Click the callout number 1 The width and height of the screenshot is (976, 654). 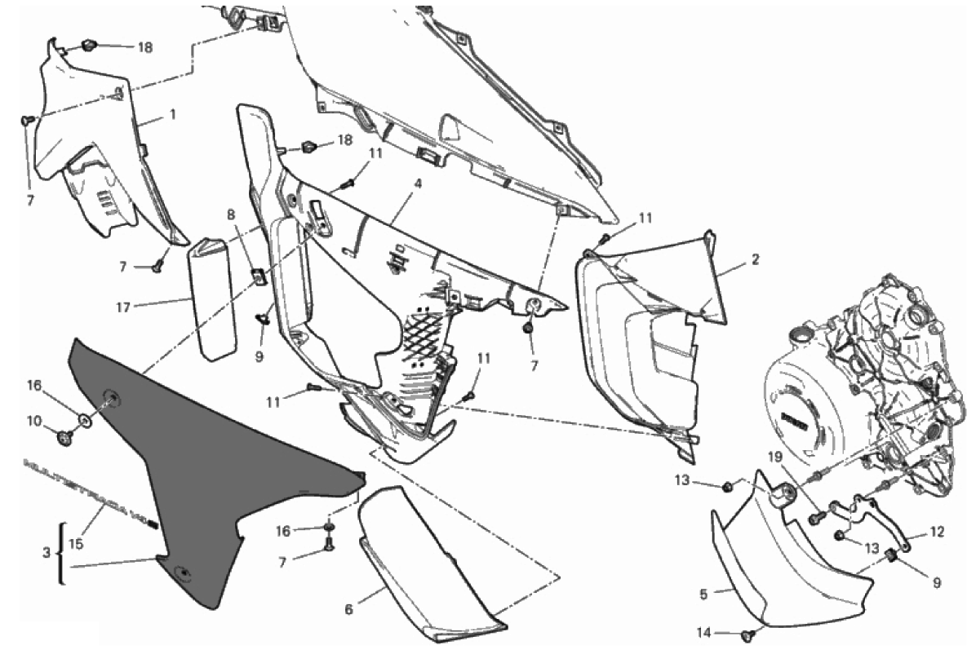172,116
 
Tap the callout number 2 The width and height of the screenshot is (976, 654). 756,260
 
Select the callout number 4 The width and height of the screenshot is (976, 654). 417,184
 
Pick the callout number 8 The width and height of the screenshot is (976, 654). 231,215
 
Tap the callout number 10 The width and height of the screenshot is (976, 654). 33,421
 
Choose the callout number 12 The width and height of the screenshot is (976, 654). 936,532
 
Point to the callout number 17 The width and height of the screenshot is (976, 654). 124,307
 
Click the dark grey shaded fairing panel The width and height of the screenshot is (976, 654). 204,457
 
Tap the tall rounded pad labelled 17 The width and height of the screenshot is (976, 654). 214,298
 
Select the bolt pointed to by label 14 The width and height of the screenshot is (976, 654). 746,634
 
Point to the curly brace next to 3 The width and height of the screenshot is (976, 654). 60,553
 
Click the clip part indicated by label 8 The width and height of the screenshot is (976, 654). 256,276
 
